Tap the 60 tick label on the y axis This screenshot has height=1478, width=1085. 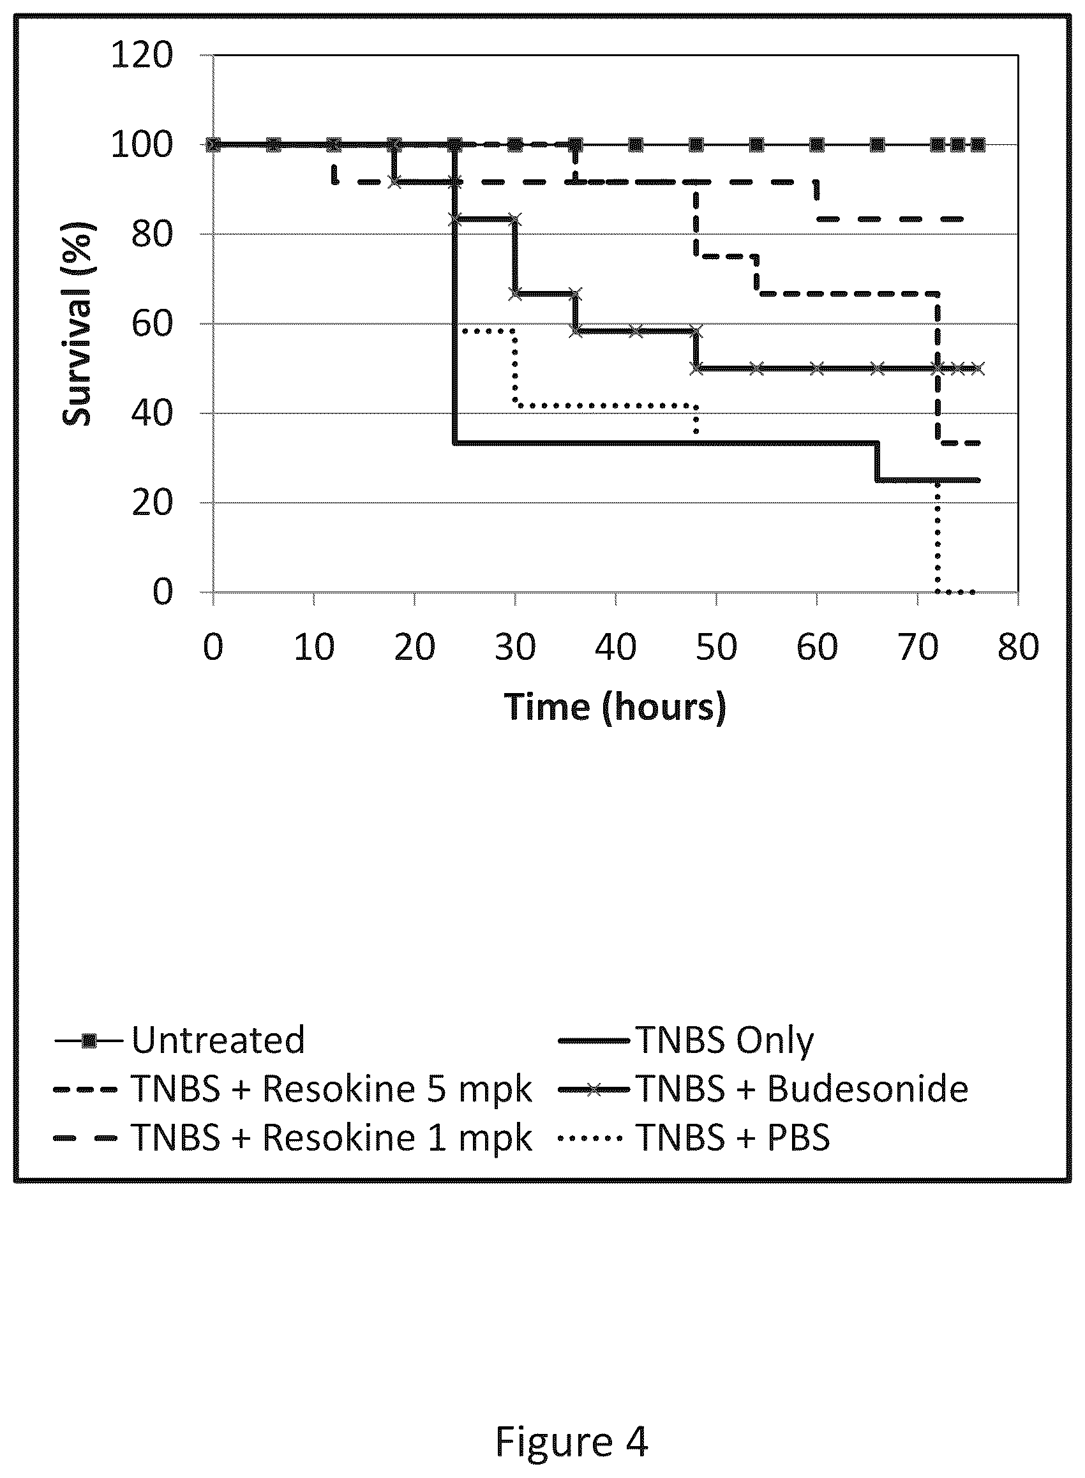tap(153, 324)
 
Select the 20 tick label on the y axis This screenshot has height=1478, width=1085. tap(153, 503)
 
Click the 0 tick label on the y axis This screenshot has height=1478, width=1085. tap(163, 592)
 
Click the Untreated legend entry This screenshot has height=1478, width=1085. tap(180, 1040)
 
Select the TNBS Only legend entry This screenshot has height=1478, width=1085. tap(685, 1040)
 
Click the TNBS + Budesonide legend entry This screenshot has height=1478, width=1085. tap(763, 1089)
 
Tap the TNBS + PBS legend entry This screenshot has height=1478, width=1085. tap(694, 1137)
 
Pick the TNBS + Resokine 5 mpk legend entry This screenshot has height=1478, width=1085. tap(293, 1089)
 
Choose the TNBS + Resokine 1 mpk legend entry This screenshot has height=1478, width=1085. tap(293, 1137)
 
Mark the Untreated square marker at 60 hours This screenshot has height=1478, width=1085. tap(816, 144)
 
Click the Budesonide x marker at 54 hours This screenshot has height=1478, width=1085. tap(756, 368)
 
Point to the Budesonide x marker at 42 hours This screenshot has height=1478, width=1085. tap(636, 331)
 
